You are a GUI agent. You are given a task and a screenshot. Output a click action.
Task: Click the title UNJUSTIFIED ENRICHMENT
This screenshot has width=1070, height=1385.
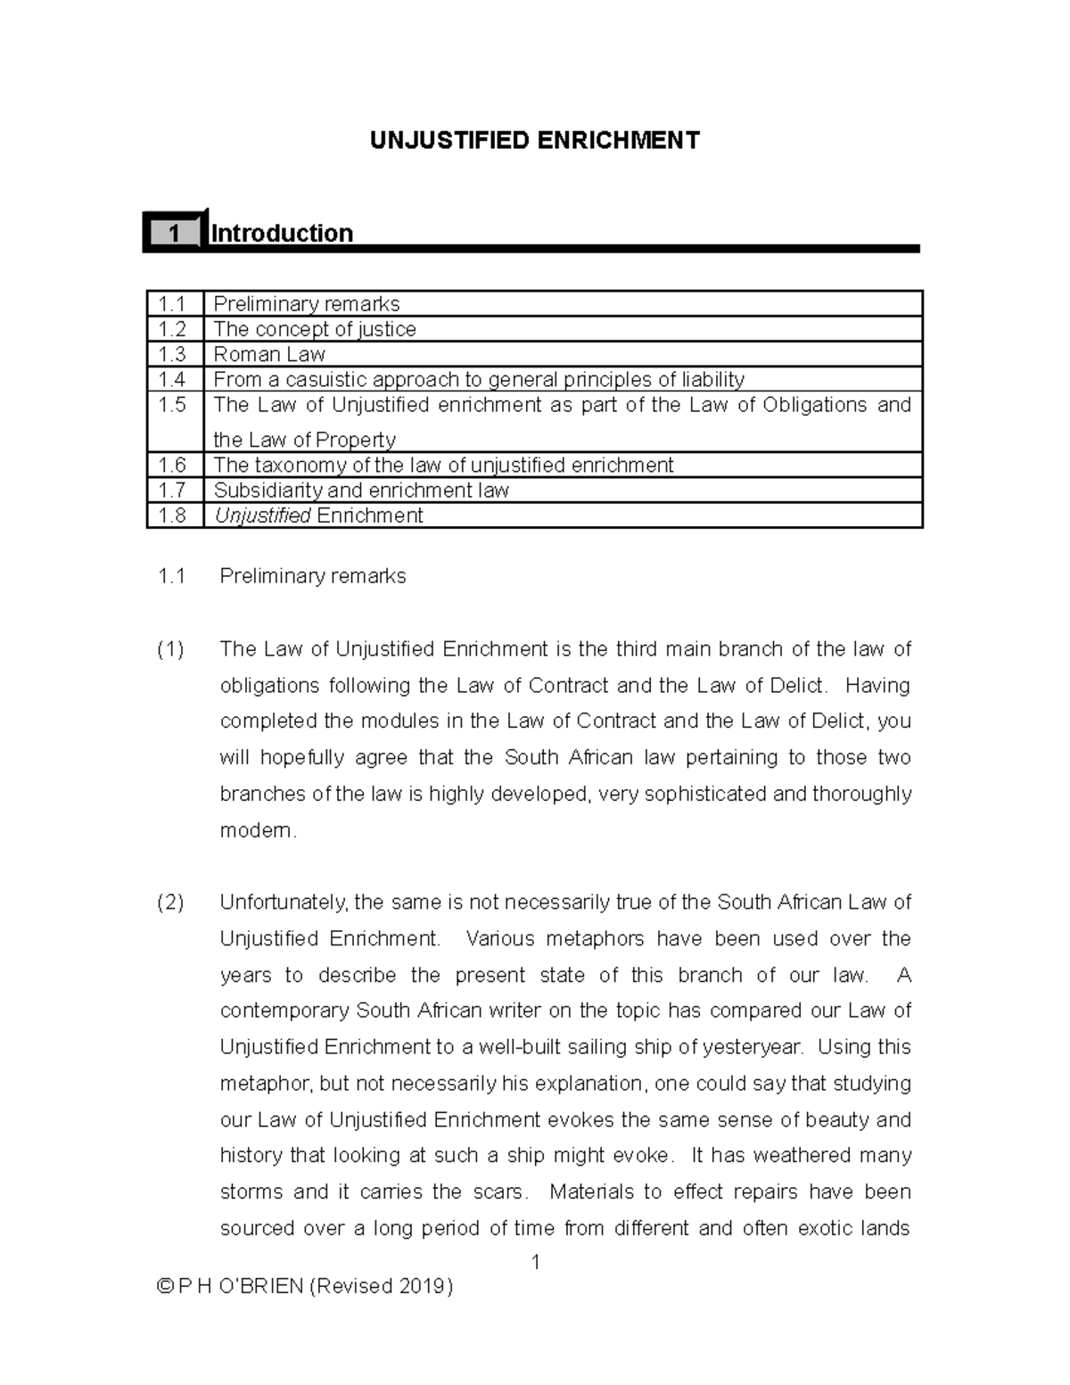pos(535,141)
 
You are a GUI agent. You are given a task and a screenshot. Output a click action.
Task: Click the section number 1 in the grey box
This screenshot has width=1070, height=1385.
pos(174,234)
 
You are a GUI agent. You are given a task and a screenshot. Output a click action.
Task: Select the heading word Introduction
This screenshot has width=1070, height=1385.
pos(282,234)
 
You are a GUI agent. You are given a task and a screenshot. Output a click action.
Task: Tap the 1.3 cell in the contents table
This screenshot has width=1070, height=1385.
pos(172,354)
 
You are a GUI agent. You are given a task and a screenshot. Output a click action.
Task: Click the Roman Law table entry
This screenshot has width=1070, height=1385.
pos(269,354)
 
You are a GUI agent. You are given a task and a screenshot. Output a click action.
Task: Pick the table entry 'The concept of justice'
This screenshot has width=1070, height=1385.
pos(315,329)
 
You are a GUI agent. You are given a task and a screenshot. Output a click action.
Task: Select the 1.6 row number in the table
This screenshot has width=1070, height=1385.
pos(172,465)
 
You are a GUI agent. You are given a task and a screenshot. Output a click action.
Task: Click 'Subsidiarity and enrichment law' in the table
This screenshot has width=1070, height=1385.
pos(361,490)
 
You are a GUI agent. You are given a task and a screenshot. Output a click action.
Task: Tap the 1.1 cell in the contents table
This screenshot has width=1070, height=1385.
pos(172,304)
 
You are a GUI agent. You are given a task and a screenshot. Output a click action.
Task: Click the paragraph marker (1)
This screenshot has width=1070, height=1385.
pos(170,649)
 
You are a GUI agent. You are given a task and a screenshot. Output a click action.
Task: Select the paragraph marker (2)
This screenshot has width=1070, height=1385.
pos(170,903)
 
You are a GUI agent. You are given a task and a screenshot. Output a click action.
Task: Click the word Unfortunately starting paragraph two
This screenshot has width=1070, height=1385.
pos(284,903)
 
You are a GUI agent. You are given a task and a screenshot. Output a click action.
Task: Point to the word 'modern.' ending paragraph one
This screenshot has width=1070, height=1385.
pos(258,830)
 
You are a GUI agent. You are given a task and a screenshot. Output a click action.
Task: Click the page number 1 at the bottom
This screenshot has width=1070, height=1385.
pos(536,1262)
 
